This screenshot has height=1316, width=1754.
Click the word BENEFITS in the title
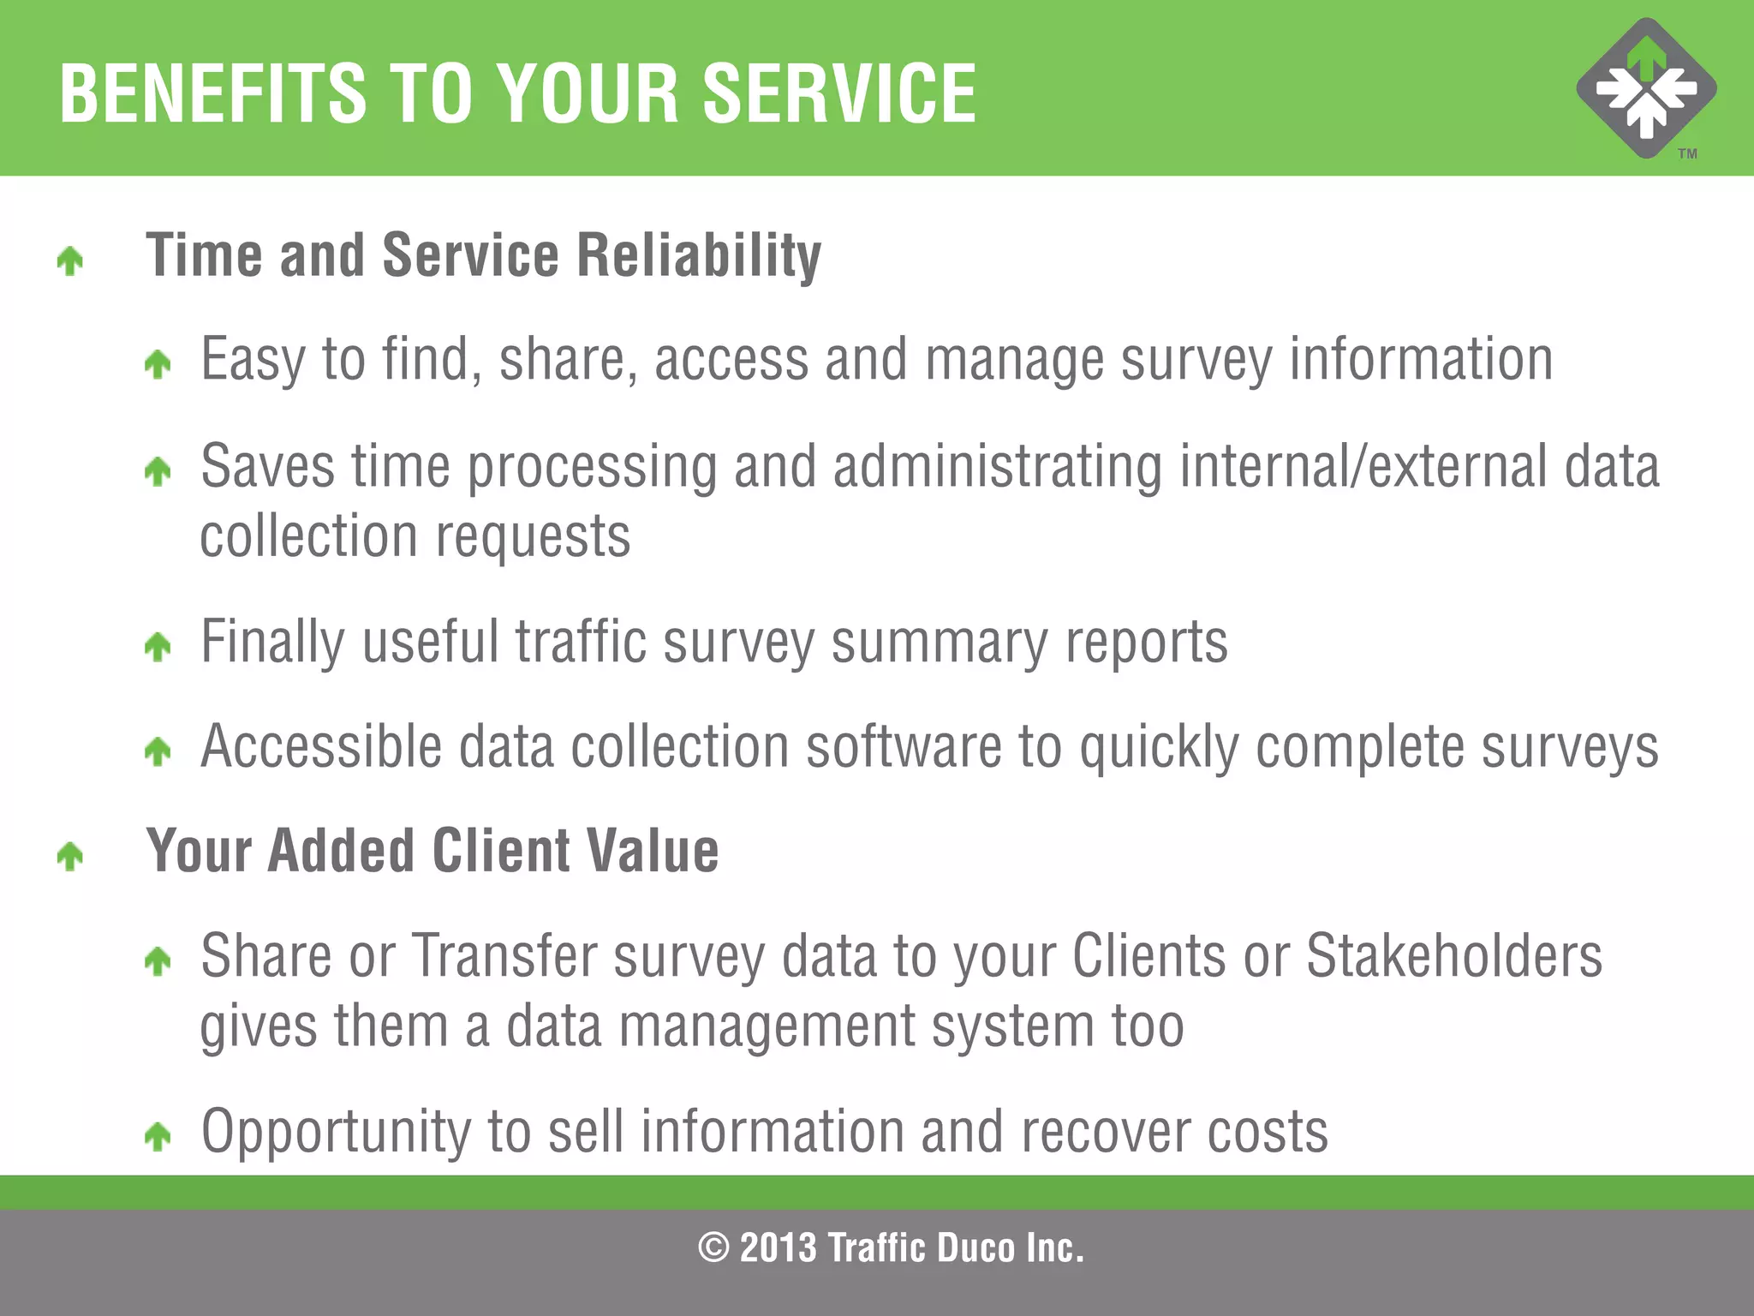point(212,93)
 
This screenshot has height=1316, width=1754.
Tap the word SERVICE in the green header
point(839,93)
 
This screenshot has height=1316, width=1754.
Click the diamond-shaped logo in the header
point(1646,88)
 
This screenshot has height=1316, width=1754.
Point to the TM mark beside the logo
point(1687,154)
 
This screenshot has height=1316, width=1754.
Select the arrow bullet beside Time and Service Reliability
point(70,260)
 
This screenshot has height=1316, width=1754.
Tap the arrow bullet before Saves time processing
point(158,471)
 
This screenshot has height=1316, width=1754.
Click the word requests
point(533,537)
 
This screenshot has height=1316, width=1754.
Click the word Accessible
point(321,747)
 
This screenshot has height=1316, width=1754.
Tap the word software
point(904,747)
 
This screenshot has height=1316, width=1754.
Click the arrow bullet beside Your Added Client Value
point(70,856)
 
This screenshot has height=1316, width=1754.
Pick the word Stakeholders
point(1453,955)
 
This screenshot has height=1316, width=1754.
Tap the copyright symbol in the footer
point(713,1247)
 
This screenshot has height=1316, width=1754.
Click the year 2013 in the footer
point(778,1247)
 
